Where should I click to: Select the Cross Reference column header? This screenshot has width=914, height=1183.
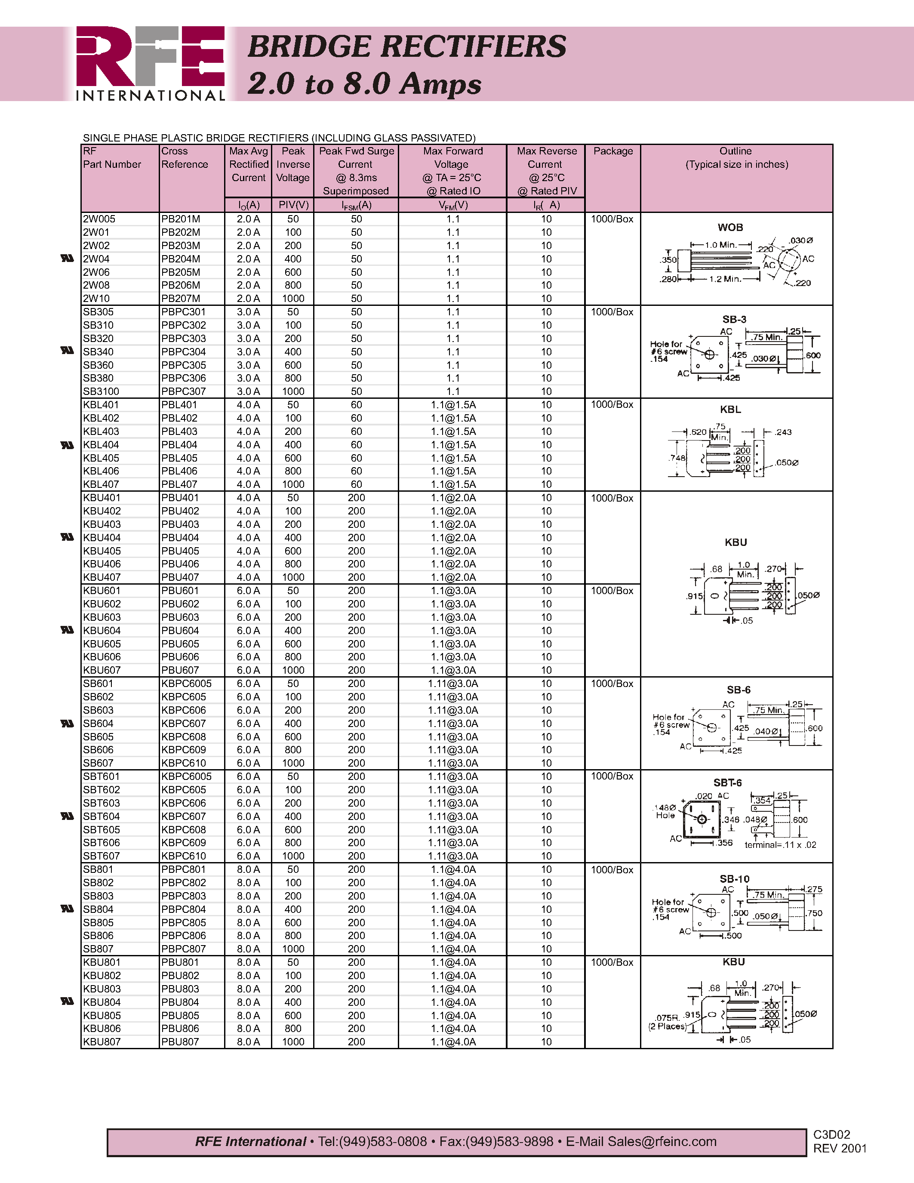(x=184, y=157)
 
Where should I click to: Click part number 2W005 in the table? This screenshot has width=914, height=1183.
(x=99, y=219)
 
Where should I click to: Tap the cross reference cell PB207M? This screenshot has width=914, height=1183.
(x=180, y=299)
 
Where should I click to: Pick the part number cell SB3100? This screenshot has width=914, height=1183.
(x=101, y=391)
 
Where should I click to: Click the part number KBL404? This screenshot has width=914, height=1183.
(x=101, y=445)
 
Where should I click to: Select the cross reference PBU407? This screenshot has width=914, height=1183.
(x=180, y=577)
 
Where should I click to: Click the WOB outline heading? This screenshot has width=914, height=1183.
(x=730, y=228)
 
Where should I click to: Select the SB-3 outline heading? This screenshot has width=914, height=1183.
(x=734, y=320)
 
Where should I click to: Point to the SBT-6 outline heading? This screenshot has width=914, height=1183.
(x=727, y=783)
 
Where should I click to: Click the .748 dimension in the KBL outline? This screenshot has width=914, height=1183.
(x=677, y=458)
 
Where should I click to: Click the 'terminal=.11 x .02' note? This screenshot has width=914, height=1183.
(x=780, y=844)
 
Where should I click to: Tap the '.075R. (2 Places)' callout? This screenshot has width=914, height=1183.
(x=667, y=1022)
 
